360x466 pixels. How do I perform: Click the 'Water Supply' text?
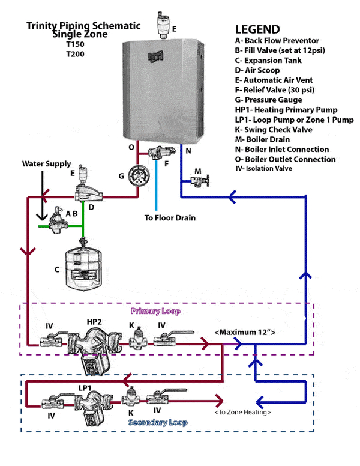[46, 163]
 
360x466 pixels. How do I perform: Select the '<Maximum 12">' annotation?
[245, 332]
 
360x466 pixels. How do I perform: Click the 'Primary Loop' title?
[155, 312]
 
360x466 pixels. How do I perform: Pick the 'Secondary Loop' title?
[158, 423]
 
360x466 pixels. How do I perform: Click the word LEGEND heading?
[257, 29]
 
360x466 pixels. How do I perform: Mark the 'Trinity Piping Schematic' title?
[83, 26]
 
